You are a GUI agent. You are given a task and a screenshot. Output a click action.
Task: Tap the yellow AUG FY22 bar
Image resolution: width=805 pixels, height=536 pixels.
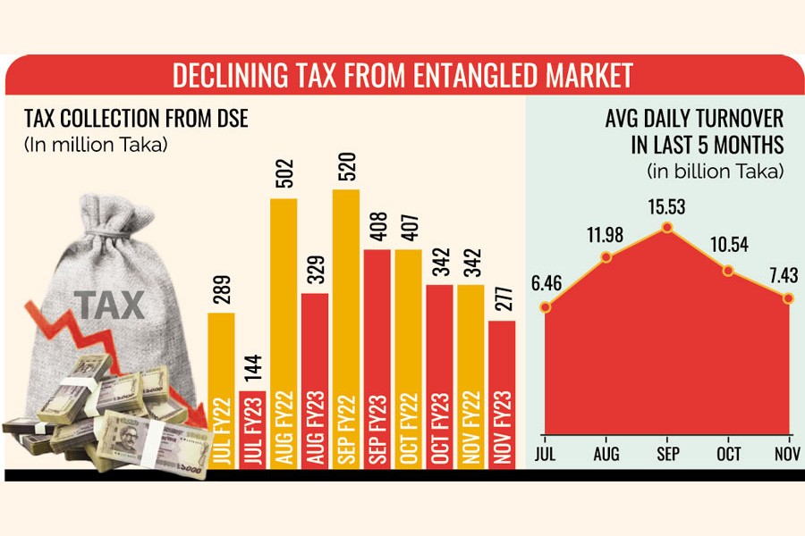point(284,331)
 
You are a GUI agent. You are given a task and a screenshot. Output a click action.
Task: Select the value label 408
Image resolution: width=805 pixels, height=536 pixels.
point(377,229)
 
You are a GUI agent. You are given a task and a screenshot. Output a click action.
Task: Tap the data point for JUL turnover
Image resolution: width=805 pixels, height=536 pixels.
point(546,308)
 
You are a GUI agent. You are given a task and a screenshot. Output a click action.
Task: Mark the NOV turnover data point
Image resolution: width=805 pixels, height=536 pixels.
point(788,297)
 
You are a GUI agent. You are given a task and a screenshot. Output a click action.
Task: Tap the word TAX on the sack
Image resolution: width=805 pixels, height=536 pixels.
point(109,305)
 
